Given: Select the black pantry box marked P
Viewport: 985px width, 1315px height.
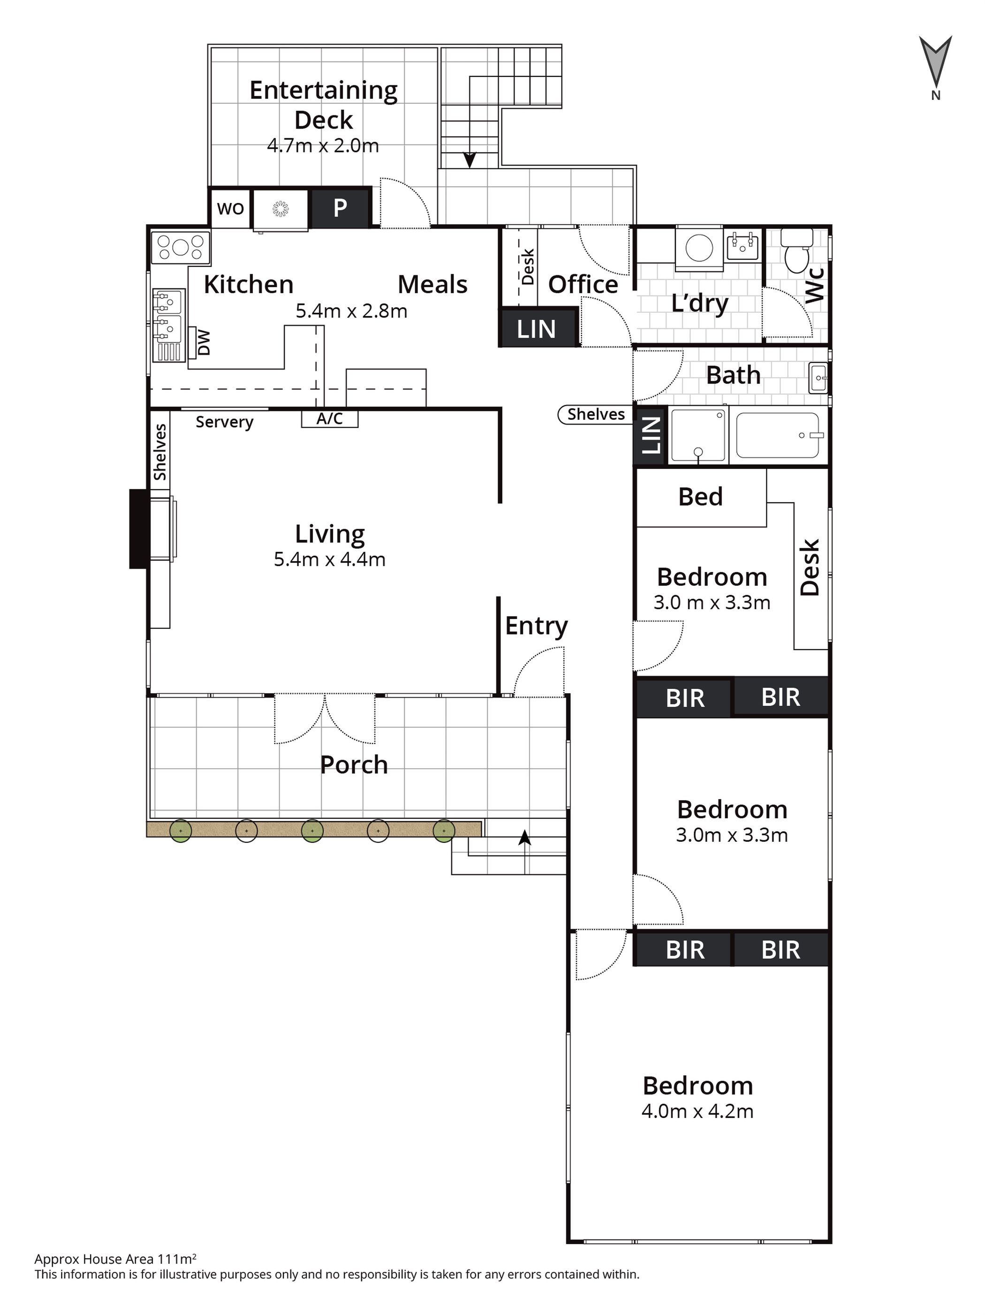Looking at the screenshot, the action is pyautogui.click(x=340, y=207).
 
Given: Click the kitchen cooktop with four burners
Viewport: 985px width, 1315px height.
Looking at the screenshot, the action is pyautogui.click(x=181, y=247).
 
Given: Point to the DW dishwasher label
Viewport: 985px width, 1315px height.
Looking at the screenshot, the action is pyautogui.click(x=203, y=343).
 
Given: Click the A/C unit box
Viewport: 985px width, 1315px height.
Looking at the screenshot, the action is pyautogui.click(x=329, y=418).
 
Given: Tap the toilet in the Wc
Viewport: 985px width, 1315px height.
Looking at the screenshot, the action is pyautogui.click(x=796, y=250).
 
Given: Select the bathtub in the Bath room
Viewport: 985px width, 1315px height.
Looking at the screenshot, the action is pyautogui.click(x=778, y=435).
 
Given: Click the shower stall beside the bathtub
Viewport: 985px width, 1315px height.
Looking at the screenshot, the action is pyautogui.click(x=698, y=436).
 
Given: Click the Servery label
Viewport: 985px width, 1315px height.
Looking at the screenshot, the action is pyautogui.click(x=225, y=422).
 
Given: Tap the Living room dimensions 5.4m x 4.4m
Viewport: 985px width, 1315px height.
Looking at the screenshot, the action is pyautogui.click(x=329, y=559).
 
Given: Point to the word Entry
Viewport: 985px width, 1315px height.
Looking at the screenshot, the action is pyautogui.click(x=536, y=626).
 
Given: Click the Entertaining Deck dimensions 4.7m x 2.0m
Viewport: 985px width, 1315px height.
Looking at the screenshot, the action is pyautogui.click(x=323, y=146).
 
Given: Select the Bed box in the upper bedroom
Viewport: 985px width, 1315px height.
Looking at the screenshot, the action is pyautogui.click(x=701, y=497).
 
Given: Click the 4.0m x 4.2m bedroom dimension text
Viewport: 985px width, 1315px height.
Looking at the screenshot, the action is pyautogui.click(x=697, y=1111).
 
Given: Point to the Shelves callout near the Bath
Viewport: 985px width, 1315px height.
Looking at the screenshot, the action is pyautogui.click(x=595, y=415).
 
